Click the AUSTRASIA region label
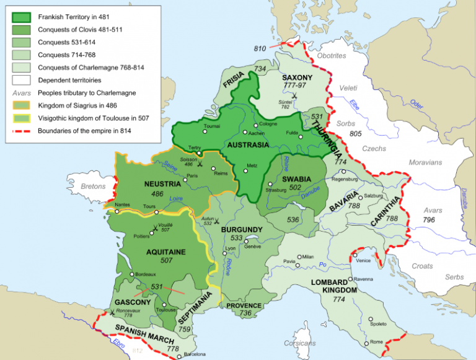pyautogui.click(x=248, y=144)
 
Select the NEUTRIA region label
pyautogui.click(x=162, y=184)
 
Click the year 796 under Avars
pyautogui.click(x=429, y=219)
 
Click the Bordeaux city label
pyautogui.click(x=148, y=274)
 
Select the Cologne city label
pyautogui.click(x=269, y=125)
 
